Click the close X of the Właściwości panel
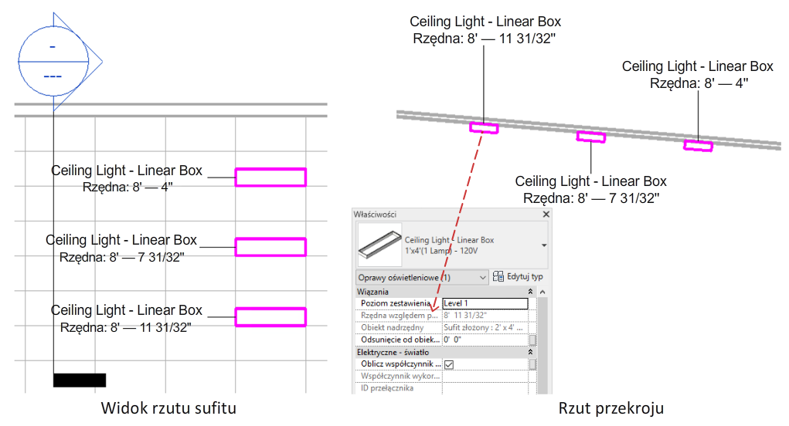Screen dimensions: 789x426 546,215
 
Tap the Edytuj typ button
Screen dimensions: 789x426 518,277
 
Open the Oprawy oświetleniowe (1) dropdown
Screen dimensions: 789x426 422,277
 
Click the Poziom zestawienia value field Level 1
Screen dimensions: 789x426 485,303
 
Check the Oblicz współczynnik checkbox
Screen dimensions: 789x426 449,364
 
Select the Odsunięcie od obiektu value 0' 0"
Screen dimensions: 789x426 485,340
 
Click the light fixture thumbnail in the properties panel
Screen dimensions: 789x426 379,245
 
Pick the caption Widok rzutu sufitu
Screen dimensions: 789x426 168,407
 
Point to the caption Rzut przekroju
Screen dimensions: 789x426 610,408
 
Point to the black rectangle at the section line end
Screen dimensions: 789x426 80,380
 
